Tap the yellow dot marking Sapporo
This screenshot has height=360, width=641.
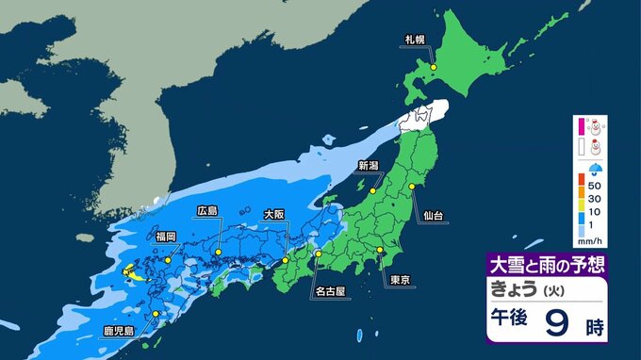point(433,68)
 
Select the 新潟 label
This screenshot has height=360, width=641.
point(369,166)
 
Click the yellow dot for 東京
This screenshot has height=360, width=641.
point(380,250)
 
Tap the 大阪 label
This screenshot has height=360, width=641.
point(273,215)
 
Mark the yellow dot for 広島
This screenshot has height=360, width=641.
point(218,252)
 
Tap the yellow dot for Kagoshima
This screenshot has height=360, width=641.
point(156,315)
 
